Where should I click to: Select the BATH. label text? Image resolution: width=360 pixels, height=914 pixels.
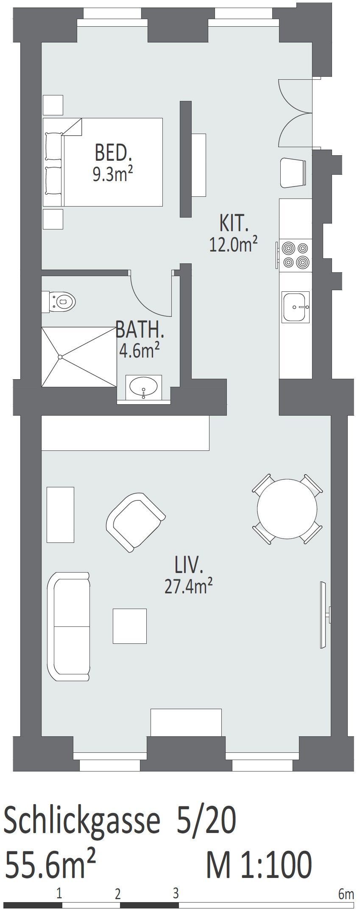(140, 330)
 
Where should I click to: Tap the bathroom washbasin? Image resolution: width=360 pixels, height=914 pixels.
(144, 387)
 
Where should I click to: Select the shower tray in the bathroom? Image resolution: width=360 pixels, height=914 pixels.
(79, 356)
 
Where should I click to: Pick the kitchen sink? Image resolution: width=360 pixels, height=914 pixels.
(296, 306)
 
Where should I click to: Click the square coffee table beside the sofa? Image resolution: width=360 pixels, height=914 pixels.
(130, 626)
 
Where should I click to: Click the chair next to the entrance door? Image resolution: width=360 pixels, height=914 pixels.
(293, 172)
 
